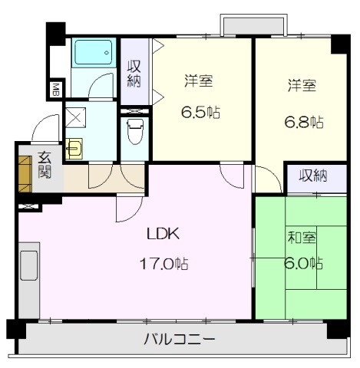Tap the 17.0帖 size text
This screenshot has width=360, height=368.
[163, 264]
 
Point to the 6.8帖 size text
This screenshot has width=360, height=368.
[305, 120]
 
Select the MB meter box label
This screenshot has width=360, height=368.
[55, 90]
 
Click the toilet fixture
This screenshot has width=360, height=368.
[135, 130]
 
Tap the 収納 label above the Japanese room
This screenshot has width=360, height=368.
[313, 176]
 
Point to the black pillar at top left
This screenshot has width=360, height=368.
[55, 34]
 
